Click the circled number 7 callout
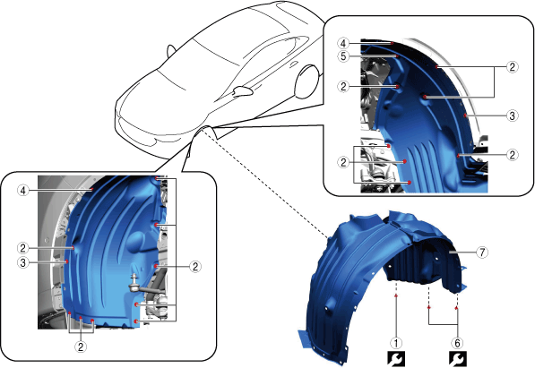pyautogui.click(x=482, y=252)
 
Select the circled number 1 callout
pyautogui.click(x=396, y=343)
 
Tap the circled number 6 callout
pyautogui.click(x=457, y=343)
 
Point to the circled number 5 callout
pyautogui.click(x=343, y=56)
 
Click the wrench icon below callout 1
pyautogui.click(x=396, y=359)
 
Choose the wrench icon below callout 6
pyautogui.click(x=458, y=359)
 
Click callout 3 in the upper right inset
pyautogui.click(x=512, y=116)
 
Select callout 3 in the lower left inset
pyautogui.click(x=23, y=263)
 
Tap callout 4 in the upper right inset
pyautogui.click(x=343, y=43)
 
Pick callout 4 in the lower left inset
pyautogui.click(x=23, y=191)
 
